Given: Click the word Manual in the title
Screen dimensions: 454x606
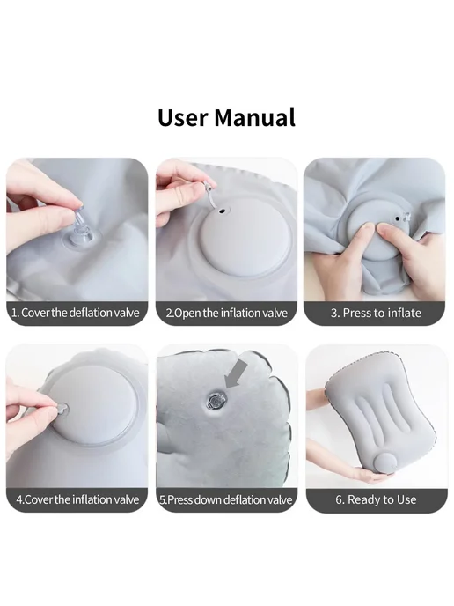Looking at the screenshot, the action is tap(255, 117).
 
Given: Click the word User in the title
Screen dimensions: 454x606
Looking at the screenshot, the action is tap(183, 117).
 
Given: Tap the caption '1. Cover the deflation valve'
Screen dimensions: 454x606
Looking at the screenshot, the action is tap(76, 313).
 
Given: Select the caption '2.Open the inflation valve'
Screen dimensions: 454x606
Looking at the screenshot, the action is tap(227, 313).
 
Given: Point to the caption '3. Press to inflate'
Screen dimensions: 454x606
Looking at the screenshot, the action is tap(376, 313).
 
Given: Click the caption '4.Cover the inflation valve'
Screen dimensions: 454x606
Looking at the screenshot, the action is tap(77, 499).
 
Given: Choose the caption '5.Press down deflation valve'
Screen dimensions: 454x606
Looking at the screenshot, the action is tap(226, 499).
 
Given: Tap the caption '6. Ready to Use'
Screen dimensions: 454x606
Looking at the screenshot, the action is tap(376, 499).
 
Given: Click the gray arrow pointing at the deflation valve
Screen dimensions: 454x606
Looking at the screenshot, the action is tap(236, 373).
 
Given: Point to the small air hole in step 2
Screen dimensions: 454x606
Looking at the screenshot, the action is tap(222, 211).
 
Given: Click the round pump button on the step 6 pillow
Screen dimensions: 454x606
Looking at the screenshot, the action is tap(387, 463).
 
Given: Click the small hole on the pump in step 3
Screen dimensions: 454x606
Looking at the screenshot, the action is tap(398, 219).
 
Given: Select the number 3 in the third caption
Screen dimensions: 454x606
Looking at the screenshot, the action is tap(333, 313).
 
